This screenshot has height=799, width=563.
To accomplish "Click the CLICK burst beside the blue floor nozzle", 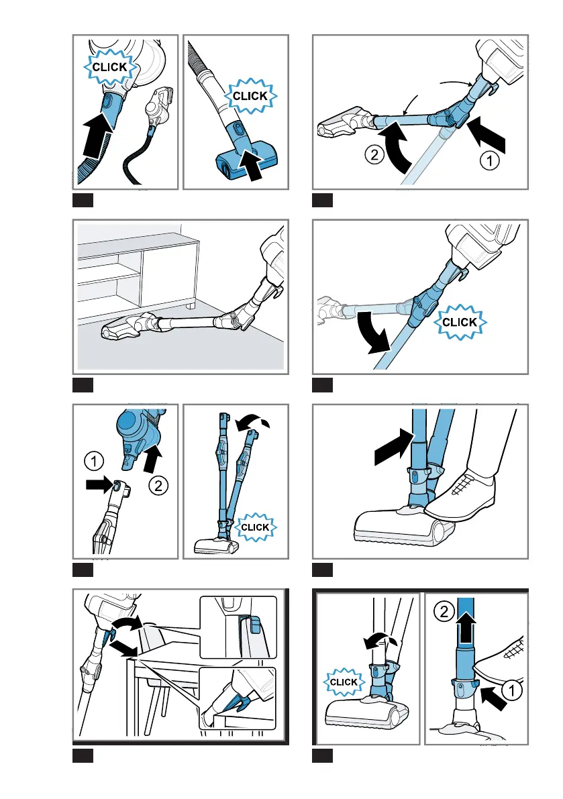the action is point(250,96).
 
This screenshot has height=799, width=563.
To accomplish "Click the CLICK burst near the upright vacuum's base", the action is point(255,527).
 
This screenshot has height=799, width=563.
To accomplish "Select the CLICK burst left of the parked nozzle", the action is point(344,683).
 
